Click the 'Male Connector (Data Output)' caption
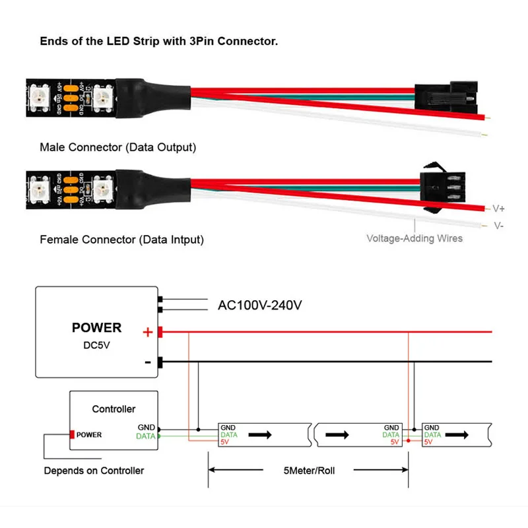tap(117, 147)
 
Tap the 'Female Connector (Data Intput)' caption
tap(121, 240)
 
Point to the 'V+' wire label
tap(499, 209)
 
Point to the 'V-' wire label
tap(499, 225)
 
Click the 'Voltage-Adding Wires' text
tap(414, 238)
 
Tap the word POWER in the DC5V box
tap(96, 327)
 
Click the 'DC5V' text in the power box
tap(96, 344)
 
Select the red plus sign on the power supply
tap(148, 333)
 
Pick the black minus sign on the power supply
tap(148, 362)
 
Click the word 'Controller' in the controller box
tap(114, 409)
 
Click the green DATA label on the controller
tap(146, 436)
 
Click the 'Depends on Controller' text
tap(94, 471)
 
